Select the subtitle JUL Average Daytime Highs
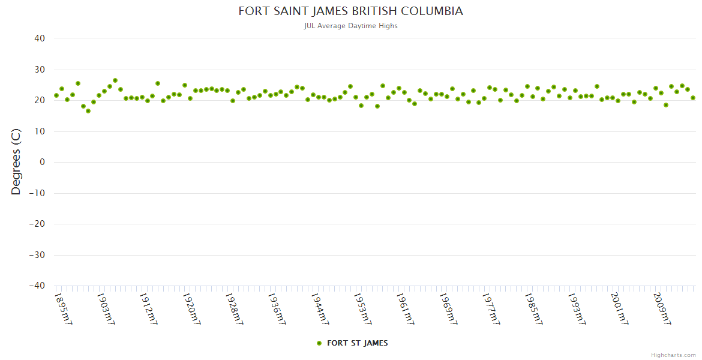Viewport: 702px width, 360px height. [351, 26]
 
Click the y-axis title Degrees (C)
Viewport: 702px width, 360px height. [16, 162]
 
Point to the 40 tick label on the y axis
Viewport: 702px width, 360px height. [40, 38]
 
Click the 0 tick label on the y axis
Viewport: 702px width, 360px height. [43, 162]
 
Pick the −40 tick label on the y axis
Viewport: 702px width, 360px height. [37, 286]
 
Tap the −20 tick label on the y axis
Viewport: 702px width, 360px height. [37, 224]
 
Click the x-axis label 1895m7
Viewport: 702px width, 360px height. [63, 308]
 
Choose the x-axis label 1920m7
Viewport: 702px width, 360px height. [191, 308]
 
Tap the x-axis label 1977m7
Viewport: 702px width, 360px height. [491, 308]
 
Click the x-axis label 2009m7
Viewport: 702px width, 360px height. [661, 308]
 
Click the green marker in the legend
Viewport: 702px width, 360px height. [319, 343]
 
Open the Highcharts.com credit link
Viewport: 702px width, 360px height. [673, 355]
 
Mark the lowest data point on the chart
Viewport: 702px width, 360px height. [88, 111]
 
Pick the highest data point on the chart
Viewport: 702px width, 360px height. [115, 80]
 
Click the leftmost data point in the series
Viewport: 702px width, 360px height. [56, 95]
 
